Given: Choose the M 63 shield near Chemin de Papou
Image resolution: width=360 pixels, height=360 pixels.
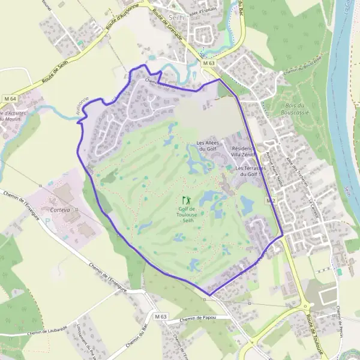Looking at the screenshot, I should pyautogui.click(x=160, y=316).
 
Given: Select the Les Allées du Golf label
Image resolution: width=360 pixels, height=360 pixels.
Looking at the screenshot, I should pyautogui.click(x=207, y=146).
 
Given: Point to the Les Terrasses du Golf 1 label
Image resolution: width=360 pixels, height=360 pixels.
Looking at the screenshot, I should pyautogui.click(x=250, y=172).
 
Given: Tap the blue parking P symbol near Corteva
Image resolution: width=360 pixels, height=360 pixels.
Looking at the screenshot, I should pyautogui.click(x=48, y=220).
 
